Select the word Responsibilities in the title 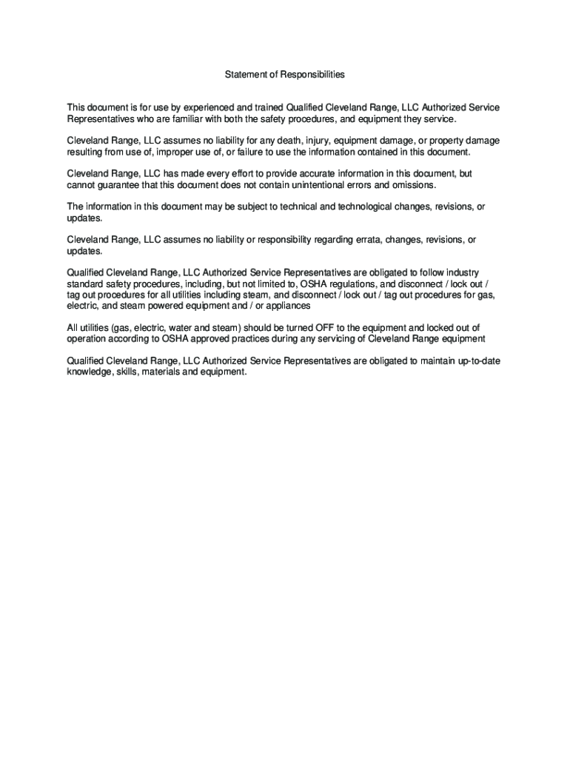pyautogui.click(x=314, y=75)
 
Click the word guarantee pyautogui.click(x=114, y=184)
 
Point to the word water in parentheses pyautogui.click(x=180, y=327)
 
